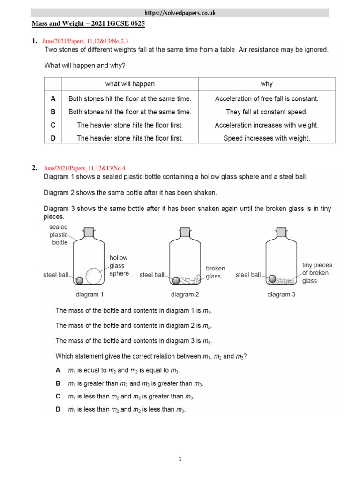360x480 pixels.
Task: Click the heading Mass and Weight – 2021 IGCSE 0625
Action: point(88,23)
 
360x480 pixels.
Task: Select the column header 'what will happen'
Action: point(130,84)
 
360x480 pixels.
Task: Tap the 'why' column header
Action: point(266,84)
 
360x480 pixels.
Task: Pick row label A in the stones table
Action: point(53,98)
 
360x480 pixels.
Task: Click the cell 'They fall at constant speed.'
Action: point(266,112)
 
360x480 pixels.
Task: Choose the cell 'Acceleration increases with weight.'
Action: point(266,125)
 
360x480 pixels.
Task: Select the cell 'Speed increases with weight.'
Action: point(266,138)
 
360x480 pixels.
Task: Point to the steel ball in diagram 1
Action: point(80,280)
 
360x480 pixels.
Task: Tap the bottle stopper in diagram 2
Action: point(185,232)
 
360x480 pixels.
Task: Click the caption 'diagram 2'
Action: point(185,294)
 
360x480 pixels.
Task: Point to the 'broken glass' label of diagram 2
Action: point(216,272)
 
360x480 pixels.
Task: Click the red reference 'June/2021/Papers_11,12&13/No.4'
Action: point(84,168)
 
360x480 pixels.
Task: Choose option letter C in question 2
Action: point(58,397)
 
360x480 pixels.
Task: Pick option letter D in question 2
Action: point(58,409)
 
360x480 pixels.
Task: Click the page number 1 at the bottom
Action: point(180,459)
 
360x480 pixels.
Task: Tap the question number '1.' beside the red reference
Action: point(34,42)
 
